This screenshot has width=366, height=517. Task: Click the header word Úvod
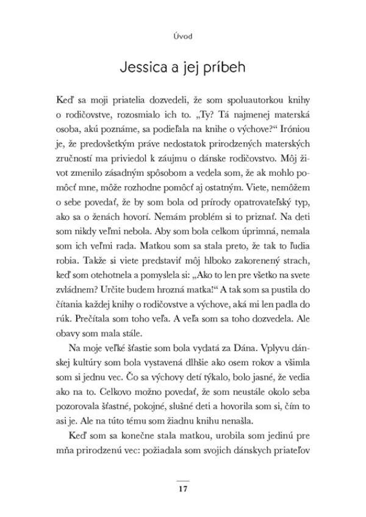[183, 36]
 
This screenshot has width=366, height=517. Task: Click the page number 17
[182, 490]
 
